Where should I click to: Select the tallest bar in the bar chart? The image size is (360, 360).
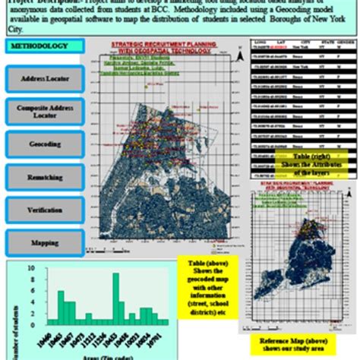pyautogui.click(x=115, y=299)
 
